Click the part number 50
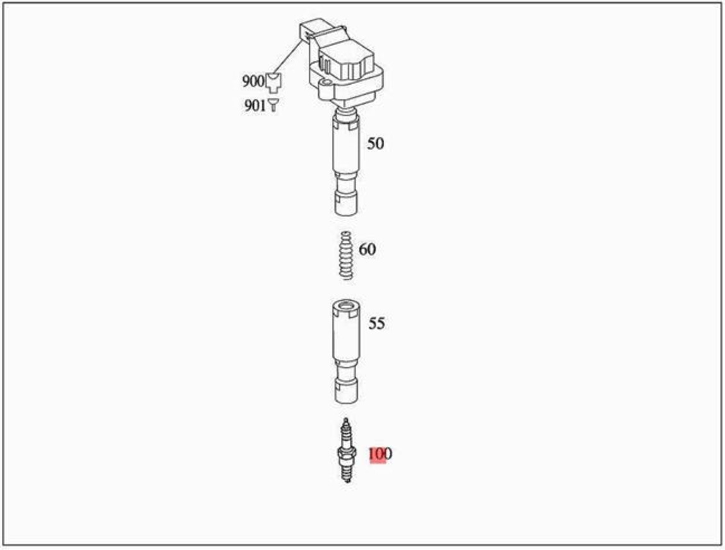pyautogui.click(x=375, y=144)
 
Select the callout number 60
pyautogui.click(x=367, y=250)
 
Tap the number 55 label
pyautogui.click(x=376, y=324)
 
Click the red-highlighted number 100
pyautogui.click(x=380, y=454)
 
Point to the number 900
pyautogui.click(x=253, y=82)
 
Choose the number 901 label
pyautogui.click(x=255, y=106)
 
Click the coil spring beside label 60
pyautogui.click(x=345, y=255)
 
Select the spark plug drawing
pyautogui.click(x=345, y=451)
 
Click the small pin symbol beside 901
pyautogui.click(x=273, y=105)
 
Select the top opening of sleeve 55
pyautogui.click(x=345, y=310)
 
